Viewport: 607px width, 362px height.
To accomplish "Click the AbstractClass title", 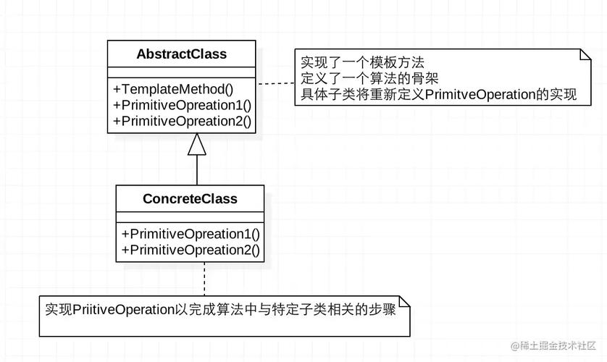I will (181, 54).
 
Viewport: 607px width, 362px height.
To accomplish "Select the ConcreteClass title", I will (190, 198).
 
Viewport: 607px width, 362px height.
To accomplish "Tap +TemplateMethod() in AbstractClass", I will (173, 89).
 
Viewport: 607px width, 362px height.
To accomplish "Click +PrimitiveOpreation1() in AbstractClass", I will (182, 105).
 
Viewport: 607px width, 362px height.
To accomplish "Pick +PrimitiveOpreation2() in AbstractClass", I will (182, 121).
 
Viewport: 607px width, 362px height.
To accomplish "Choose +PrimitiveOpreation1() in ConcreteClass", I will (191, 234).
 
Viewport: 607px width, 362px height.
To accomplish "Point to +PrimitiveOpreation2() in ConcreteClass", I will (191, 250).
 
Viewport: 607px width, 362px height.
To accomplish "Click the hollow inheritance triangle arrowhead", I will (197, 145).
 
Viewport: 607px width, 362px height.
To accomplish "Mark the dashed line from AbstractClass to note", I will (275, 84).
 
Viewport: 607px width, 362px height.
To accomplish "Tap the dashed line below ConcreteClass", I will (204, 279).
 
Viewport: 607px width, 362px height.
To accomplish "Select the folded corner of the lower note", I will (406, 300).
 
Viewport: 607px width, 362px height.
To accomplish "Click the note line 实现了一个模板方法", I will (362, 63).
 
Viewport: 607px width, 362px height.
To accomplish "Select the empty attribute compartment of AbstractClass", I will (181, 72).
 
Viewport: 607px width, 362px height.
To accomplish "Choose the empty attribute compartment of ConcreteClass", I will (190, 216).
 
